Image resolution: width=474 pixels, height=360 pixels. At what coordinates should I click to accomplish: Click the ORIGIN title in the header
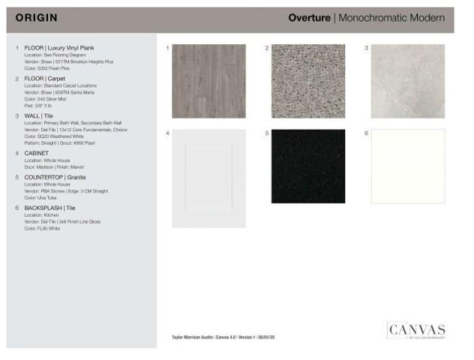coord(37,18)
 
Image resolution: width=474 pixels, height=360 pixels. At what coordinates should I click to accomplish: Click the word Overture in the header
coord(310,18)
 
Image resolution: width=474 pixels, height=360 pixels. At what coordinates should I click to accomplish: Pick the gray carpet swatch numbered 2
coord(308,81)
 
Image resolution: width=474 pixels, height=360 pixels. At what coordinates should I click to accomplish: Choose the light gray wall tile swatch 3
coord(408,81)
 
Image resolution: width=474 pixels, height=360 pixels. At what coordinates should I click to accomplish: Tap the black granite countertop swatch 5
coord(308,166)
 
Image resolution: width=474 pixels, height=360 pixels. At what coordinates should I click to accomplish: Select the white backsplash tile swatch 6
coord(408,166)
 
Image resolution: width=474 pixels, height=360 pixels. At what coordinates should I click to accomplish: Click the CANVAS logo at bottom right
coord(416,331)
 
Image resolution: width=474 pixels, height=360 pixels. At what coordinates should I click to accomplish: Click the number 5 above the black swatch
coord(267,133)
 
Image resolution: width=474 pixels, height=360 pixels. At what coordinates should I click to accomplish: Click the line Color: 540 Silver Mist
coord(45,98)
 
